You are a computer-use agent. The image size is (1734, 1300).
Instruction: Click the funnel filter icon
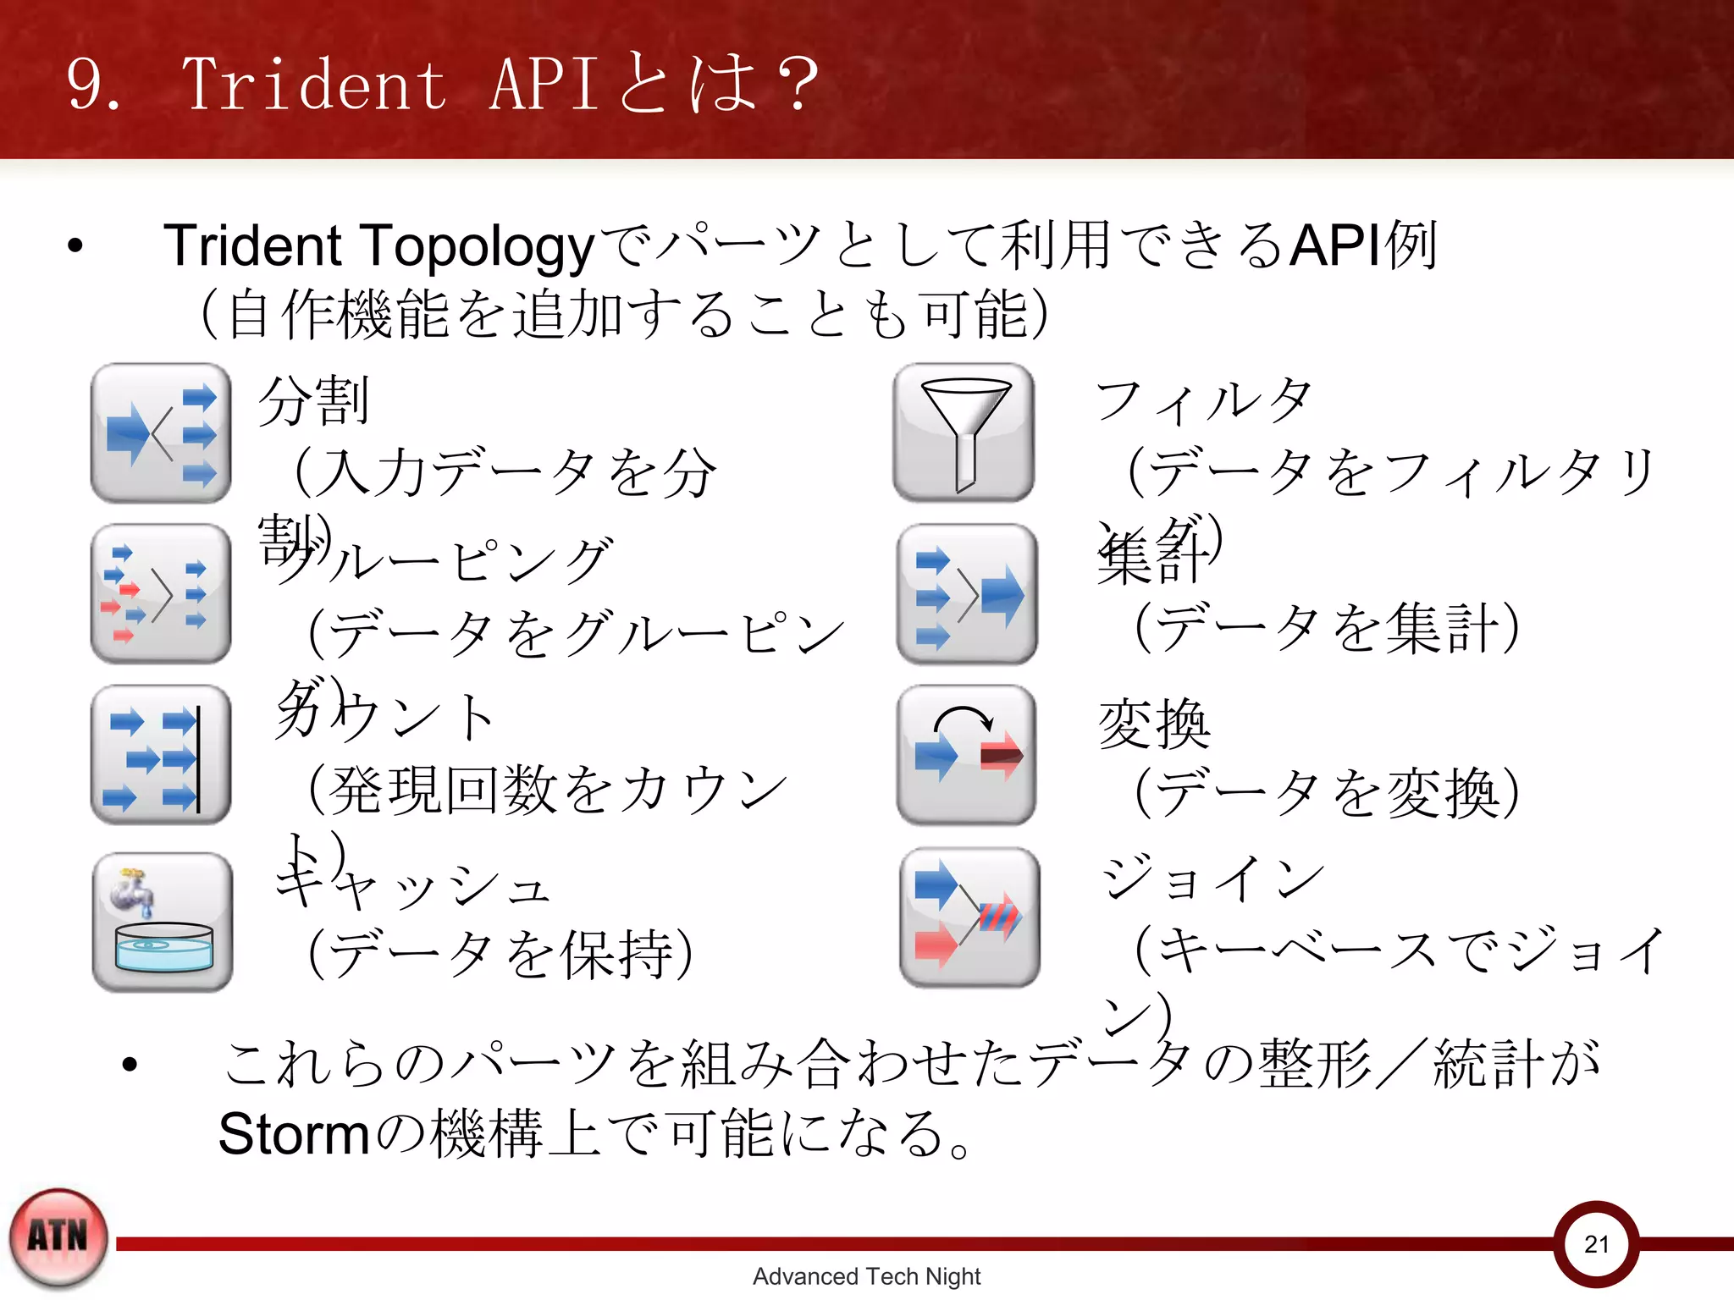[964, 432]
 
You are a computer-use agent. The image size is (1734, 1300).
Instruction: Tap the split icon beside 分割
[161, 432]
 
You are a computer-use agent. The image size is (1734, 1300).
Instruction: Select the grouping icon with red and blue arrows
[161, 593]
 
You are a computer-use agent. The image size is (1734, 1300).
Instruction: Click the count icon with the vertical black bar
[161, 754]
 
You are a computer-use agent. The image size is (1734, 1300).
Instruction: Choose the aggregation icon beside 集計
[967, 593]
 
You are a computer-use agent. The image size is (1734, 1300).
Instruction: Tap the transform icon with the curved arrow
[967, 754]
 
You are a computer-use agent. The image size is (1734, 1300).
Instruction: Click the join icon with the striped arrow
[969, 917]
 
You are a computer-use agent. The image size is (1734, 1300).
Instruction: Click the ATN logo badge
[58, 1237]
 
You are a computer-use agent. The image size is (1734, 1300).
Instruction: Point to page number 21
[1596, 1244]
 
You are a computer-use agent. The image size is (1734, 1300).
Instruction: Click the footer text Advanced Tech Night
[866, 1276]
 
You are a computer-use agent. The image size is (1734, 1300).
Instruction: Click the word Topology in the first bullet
[479, 246]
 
